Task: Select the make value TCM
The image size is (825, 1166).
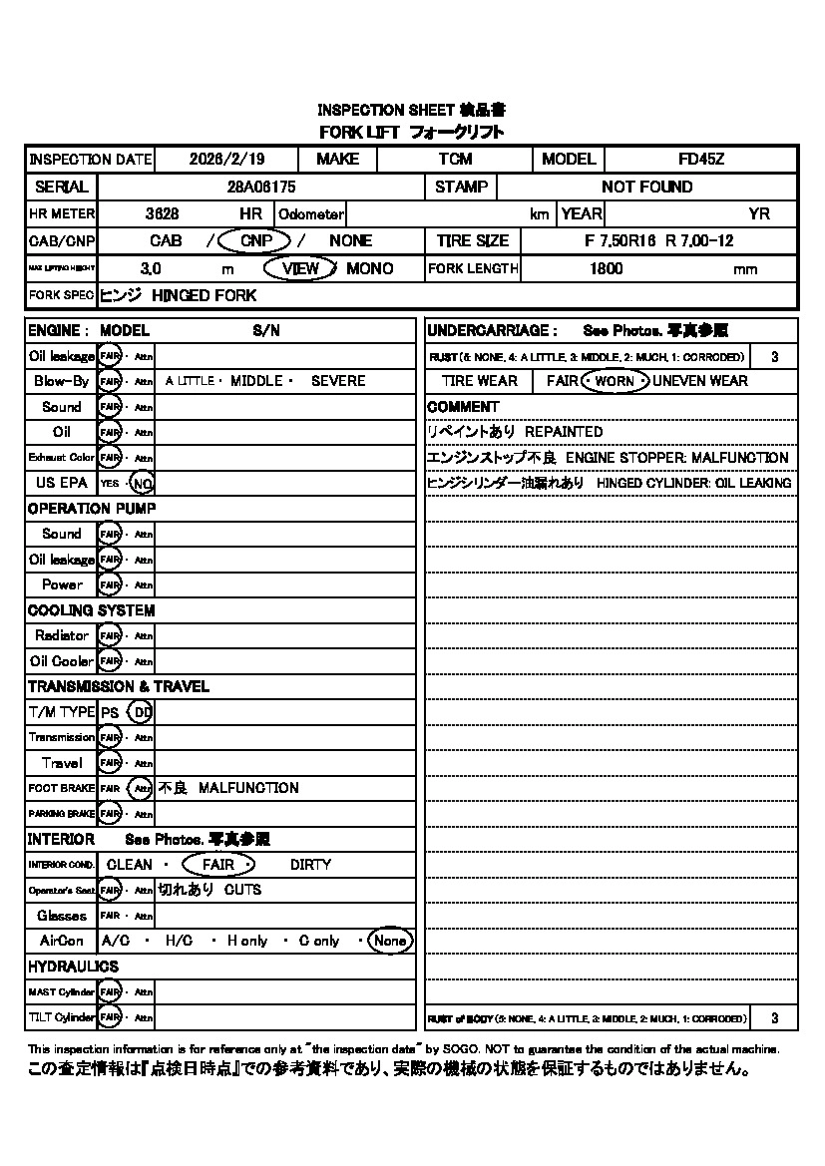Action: point(455,160)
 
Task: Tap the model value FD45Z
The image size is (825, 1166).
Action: point(700,160)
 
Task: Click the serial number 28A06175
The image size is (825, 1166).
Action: point(261,187)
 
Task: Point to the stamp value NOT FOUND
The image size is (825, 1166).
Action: point(646,187)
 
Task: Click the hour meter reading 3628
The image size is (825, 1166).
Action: point(162,213)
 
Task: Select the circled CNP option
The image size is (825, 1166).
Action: point(255,240)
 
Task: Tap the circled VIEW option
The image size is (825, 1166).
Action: point(300,268)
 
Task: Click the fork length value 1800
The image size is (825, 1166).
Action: point(606,268)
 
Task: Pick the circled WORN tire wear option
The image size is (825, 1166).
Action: point(615,381)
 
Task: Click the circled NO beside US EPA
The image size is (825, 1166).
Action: point(143,484)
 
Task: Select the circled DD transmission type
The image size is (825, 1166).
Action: point(142,713)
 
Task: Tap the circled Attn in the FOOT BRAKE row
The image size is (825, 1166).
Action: point(143,788)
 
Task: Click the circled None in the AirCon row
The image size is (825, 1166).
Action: point(389,941)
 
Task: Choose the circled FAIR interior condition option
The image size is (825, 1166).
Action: point(217,865)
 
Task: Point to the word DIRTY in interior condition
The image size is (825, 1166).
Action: point(310,865)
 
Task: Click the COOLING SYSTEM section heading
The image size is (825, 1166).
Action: point(91,610)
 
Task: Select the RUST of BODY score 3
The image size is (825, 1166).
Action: point(775,1018)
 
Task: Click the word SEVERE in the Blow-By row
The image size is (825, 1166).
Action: point(338,381)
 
